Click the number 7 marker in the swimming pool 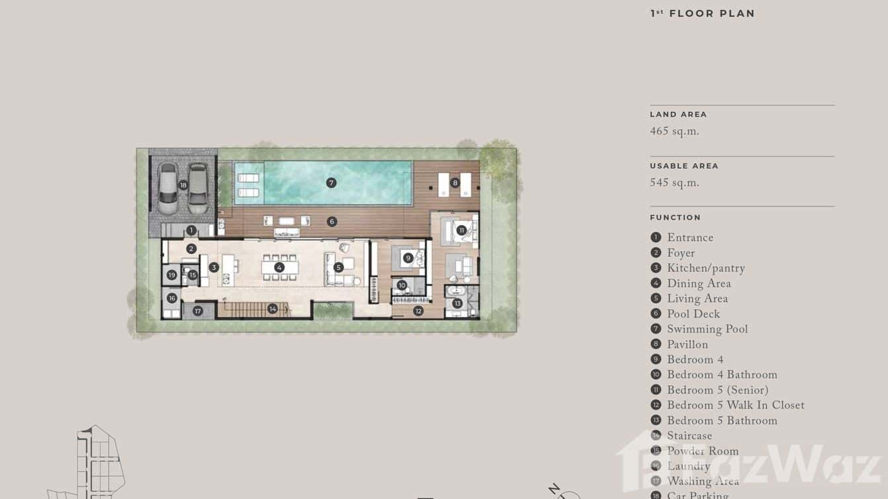332,183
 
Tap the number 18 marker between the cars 183,185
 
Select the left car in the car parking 167,188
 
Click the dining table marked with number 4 279,267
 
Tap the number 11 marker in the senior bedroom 461,230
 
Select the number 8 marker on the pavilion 455,183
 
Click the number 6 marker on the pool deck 332,222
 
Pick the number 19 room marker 171,275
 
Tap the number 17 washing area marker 197,310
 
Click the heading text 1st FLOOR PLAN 702,13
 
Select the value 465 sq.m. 674,131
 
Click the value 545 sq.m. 674,183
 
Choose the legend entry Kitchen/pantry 705,268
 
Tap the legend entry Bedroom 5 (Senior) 717,390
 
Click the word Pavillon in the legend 687,344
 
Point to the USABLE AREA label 684,166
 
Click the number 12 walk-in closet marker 418,310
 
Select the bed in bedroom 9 408,258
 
